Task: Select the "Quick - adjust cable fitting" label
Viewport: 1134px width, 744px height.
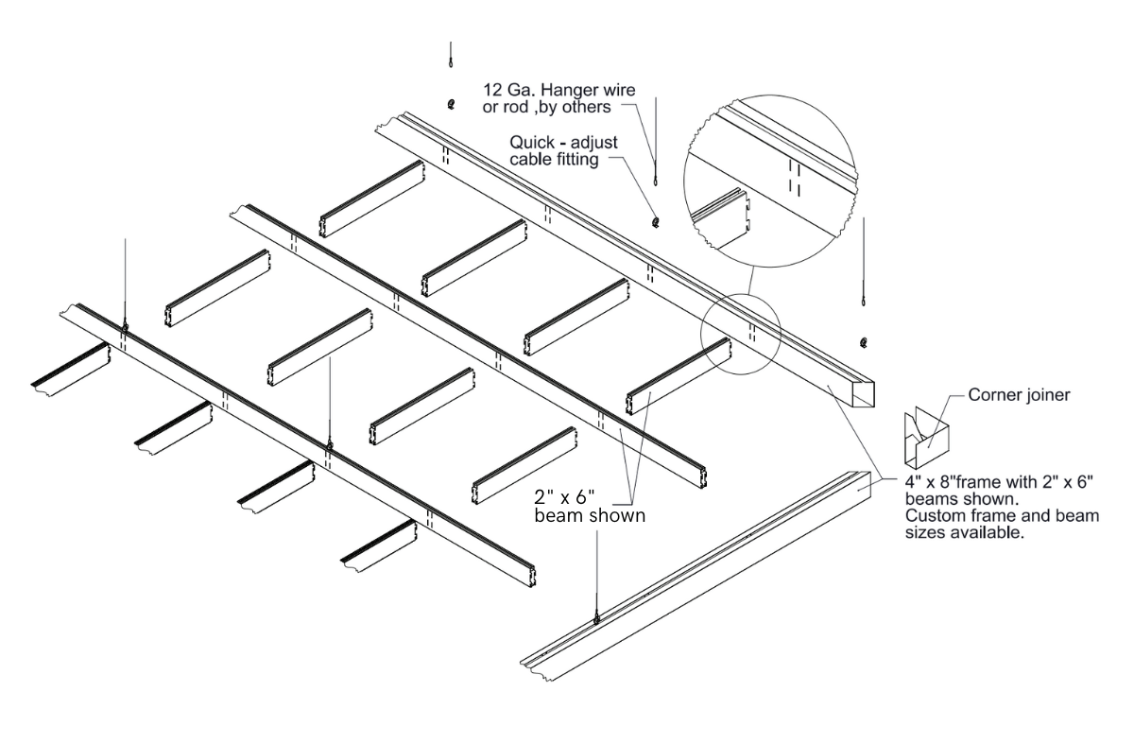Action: (x=563, y=150)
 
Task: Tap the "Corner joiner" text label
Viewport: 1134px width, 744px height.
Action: (x=1019, y=395)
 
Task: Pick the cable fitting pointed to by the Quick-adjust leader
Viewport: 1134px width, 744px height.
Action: (x=656, y=222)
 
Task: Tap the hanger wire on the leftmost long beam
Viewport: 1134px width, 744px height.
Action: (x=125, y=284)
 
